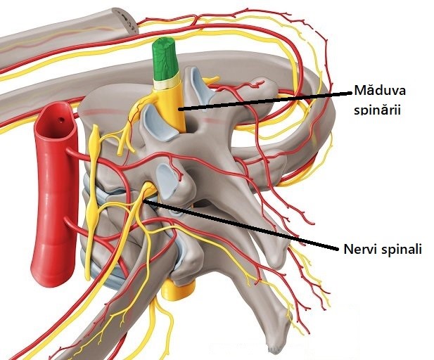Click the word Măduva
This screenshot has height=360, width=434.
click(x=380, y=91)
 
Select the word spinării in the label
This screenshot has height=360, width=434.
click(x=377, y=110)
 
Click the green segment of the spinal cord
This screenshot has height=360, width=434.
click(x=164, y=59)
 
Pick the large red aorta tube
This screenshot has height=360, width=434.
click(x=54, y=193)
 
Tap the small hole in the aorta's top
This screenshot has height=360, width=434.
click(x=61, y=120)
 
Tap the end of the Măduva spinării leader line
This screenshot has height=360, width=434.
click(x=179, y=110)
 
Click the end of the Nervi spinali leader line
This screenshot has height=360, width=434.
click(x=145, y=201)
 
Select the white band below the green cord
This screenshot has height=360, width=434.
click(x=166, y=83)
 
